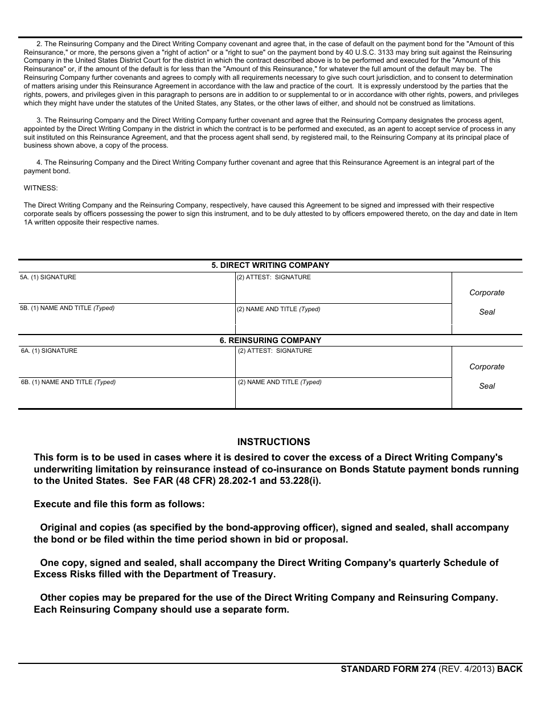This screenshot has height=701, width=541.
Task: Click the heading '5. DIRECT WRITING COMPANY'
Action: point(270,266)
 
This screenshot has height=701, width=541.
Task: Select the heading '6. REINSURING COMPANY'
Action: point(270,340)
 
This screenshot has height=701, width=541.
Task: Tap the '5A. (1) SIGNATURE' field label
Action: point(48,278)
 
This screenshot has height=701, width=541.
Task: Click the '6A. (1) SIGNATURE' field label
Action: point(49,351)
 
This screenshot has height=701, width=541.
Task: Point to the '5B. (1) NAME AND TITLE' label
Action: point(67,308)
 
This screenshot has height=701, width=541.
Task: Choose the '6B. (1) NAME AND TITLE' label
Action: point(68,382)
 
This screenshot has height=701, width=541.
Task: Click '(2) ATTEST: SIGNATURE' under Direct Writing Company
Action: point(274,278)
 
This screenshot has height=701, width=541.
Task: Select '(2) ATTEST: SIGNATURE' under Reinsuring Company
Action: point(275,351)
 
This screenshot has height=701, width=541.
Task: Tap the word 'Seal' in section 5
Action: point(487,312)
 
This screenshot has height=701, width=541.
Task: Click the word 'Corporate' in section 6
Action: point(487,367)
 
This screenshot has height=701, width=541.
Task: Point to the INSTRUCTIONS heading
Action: point(273,442)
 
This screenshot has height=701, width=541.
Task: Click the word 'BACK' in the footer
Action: point(510,669)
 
